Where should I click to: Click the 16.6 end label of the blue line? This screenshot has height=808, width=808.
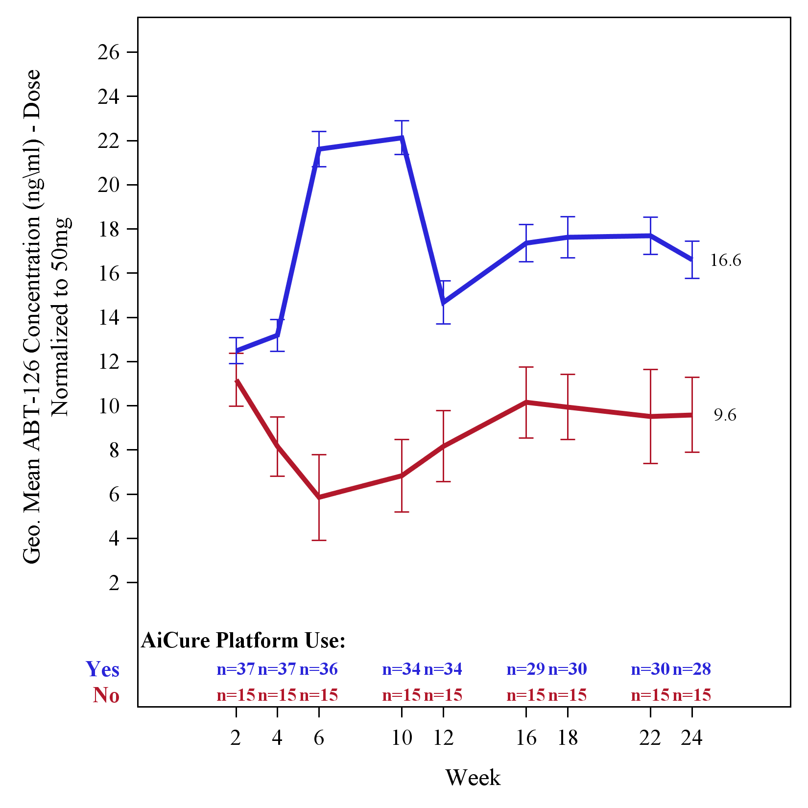click(x=725, y=261)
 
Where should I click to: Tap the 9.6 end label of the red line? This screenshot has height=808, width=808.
click(x=725, y=415)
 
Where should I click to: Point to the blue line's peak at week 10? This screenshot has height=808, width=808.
click(x=402, y=138)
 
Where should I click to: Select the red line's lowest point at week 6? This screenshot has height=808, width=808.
click(x=319, y=497)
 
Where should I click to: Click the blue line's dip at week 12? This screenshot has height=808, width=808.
click(x=443, y=303)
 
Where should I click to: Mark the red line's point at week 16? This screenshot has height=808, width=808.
click(x=526, y=403)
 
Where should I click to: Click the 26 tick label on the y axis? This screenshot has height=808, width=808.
click(x=108, y=52)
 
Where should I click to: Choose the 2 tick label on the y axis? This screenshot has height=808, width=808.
click(x=114, y=583)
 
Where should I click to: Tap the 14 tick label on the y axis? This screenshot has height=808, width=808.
click(x=108, y=318)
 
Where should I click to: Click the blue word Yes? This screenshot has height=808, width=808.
click(x=102, y=669)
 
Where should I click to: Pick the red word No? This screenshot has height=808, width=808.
click(x=106, y=695)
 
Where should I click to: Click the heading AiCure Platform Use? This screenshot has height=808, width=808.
click(x=243, y=641)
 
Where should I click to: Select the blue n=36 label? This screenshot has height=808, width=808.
click(x=319, y=669)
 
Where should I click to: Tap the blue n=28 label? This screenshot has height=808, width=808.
click(x=691, y=669)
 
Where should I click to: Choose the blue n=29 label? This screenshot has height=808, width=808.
click(x=526, y=669)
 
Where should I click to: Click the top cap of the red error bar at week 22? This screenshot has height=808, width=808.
click(x=650, y=370)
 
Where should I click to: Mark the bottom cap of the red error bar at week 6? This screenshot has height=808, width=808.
click(x=319, y=540)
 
